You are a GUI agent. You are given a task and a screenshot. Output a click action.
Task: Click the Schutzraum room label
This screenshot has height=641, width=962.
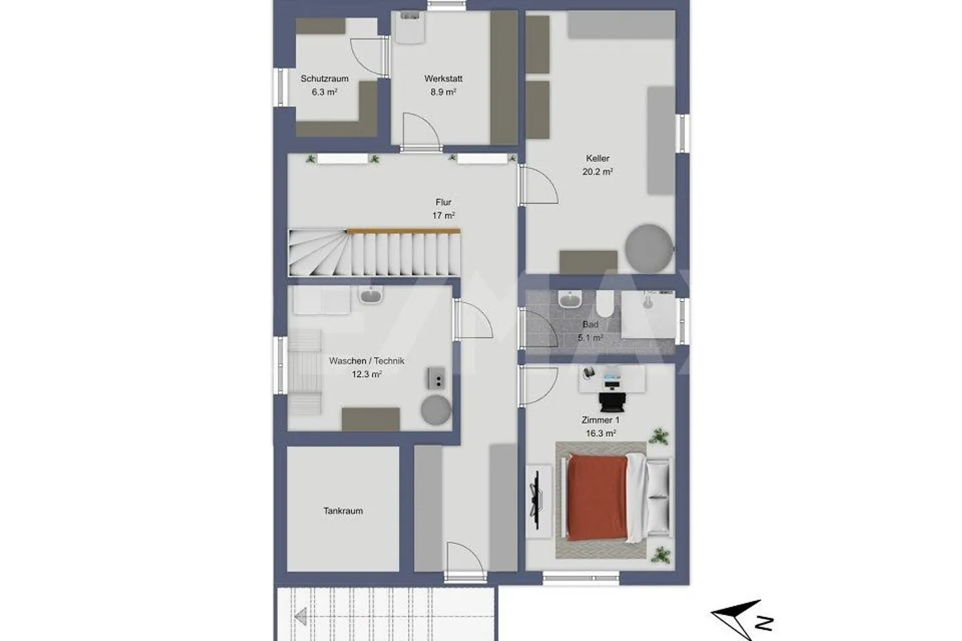[x=324, y=78]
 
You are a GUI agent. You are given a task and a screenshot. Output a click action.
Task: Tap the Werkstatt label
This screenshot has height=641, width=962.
[x=443, y=78]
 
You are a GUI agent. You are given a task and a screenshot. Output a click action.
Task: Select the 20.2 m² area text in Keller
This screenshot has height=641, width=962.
[x=597, y=172]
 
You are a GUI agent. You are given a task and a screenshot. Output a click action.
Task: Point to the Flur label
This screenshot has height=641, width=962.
[x=443, y=202]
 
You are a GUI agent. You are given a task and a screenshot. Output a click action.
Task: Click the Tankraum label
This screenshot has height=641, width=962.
[x=343, y=511]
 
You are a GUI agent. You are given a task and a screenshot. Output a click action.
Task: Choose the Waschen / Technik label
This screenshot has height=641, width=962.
[x=366, y=361]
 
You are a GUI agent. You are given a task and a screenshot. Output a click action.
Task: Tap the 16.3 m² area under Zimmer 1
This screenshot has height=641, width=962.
[x=600, y=433]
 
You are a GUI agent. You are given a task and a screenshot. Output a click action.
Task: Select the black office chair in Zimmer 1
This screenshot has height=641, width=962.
[x=613, y=400]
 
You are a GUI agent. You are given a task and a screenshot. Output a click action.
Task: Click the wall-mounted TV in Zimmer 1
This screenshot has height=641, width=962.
[x=535, y=497]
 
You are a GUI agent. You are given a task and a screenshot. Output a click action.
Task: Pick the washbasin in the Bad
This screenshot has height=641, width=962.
[x=570, y=300]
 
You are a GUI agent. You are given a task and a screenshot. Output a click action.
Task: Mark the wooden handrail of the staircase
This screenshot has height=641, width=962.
[x=404, y=231]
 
